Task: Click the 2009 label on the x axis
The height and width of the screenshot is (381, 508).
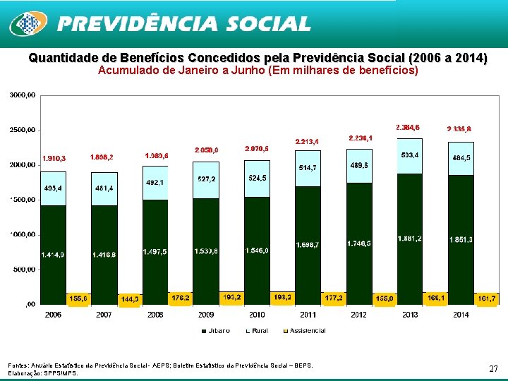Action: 206,315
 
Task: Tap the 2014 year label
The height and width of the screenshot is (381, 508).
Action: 461,315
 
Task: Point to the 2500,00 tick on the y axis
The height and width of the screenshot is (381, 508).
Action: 23,130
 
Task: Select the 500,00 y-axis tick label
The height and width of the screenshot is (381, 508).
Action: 25,269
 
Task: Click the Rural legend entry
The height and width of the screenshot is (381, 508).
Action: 255,330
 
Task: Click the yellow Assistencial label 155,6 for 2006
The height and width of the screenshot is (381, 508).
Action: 78,298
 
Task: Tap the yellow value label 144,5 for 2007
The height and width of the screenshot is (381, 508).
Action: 129,299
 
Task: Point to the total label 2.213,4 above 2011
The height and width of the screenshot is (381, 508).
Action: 307,142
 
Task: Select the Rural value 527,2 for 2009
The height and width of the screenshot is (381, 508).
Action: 206,179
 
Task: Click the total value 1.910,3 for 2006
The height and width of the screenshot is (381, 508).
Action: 54,158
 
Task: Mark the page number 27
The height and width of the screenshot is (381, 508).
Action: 493,368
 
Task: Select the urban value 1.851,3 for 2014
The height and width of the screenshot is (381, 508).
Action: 461,240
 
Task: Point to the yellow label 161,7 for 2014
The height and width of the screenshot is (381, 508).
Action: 487,298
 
